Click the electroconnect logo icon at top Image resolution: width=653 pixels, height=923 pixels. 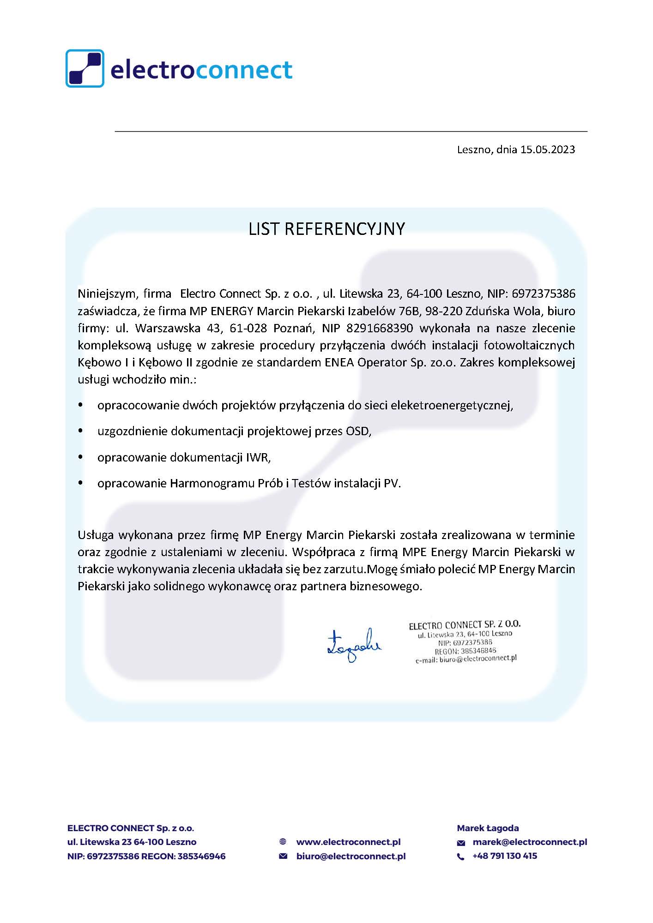(x=85, y=68)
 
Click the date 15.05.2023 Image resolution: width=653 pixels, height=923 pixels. (x=548, y=150)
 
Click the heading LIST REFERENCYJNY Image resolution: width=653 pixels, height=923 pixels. (x=326, y=229)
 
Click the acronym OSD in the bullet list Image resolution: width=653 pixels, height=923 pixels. (x=358, y=431)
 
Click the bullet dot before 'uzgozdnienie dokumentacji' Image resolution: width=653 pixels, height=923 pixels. (x=81, y=431)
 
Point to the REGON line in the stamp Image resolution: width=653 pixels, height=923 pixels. (x=465, y=651)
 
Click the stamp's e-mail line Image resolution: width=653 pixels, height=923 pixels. (x=466, y=659)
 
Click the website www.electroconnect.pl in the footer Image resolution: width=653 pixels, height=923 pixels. (x=348, y=842)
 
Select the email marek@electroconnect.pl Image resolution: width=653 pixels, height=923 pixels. (x=530, y=842)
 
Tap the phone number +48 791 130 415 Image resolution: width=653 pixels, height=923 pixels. (x=505, y=856)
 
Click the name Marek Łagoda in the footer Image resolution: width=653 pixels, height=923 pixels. (x=488, y=828)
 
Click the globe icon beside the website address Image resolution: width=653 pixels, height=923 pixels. (x=283, y=842)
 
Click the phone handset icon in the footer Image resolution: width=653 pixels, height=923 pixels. (x=460, y=857)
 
